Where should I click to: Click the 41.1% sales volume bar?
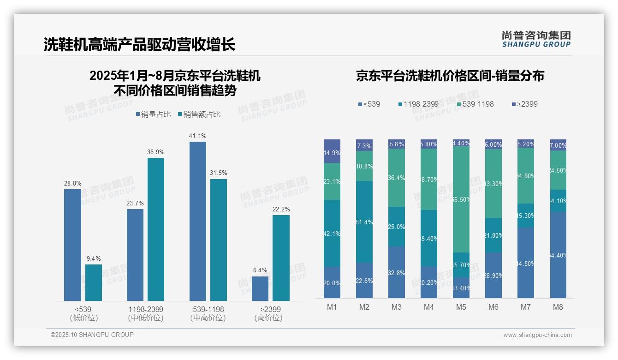198,221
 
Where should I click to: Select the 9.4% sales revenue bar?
94,282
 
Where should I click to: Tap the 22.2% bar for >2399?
281,258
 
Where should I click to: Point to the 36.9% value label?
156,152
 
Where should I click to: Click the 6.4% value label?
260,270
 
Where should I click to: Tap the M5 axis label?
461,307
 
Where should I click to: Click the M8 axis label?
558,307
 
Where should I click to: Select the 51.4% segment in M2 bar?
364,222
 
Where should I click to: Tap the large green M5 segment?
461,199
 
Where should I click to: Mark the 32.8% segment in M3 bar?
397,272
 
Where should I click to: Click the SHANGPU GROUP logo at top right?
536,39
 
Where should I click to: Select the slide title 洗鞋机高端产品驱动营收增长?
140,44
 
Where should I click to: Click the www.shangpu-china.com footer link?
537,335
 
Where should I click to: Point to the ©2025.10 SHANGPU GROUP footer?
92,335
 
